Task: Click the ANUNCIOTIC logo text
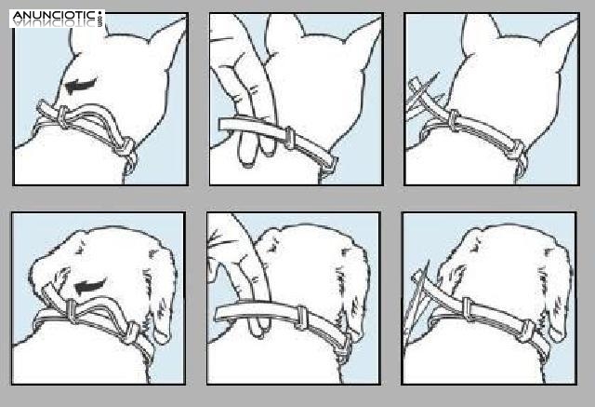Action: click(54, 16)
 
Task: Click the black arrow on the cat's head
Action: click(81, 86)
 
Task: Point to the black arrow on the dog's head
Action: click(91, 287)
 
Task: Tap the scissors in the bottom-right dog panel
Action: click(417, 300)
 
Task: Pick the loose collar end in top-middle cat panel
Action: click(243, 126)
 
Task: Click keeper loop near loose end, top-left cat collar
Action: click(64, 117)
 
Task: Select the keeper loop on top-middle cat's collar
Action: click(289, 138)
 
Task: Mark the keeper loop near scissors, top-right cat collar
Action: click(454, 120)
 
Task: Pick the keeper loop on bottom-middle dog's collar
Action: click(301, 316)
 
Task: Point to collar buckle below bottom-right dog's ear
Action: click(528, 332)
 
